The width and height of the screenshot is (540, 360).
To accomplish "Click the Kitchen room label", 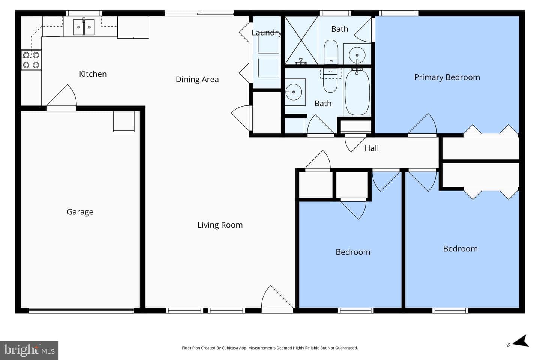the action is coord(93,74).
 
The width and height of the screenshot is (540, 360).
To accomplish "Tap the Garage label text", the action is coord(80,212).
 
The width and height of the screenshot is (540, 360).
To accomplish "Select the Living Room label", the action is coord(220,225).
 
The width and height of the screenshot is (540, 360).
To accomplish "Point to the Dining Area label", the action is coord(197,79).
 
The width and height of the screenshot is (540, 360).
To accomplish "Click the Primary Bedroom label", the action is coord(447,77).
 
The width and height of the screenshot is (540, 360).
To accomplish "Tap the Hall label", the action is coord(372,148).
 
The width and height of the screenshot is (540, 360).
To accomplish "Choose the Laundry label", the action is coord(266,33).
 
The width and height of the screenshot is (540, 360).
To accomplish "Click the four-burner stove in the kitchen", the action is coord(31,60).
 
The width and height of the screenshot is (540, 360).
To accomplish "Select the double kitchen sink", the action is coord(84,27).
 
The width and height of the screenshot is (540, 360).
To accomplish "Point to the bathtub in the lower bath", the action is coord(357,92).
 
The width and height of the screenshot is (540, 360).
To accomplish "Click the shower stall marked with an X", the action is coord(301,40).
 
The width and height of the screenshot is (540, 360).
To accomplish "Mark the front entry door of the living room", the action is coord(277,299).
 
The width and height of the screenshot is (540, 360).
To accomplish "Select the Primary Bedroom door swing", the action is coord(422,124).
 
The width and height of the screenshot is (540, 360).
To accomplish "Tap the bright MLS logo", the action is coord(29,350).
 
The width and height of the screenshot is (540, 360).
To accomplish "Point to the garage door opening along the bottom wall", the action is coord(81,310).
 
